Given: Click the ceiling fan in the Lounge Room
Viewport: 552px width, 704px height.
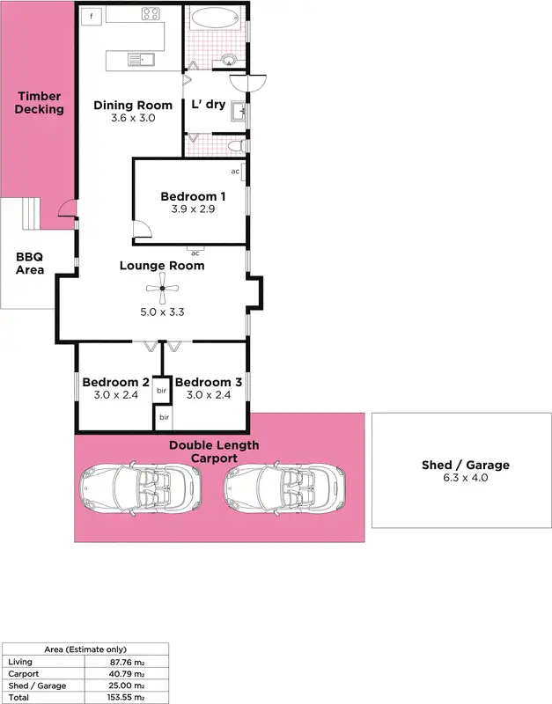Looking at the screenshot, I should click(162, 288).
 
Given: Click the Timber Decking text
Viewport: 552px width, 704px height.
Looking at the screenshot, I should click(40, 103).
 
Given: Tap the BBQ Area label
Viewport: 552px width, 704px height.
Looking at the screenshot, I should click(30, 264).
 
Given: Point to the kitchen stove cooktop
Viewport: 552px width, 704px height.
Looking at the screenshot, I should click(151, 15).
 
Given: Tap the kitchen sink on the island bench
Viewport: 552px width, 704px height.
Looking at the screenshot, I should click(139, 60).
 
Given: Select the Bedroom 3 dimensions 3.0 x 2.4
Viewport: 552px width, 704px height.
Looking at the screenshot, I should click(208, 395).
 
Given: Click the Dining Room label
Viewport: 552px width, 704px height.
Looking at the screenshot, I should click(133, 106).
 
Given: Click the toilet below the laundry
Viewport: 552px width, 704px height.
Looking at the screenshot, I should click(232, 145).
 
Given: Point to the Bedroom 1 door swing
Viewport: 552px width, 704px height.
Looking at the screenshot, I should click(142, 231).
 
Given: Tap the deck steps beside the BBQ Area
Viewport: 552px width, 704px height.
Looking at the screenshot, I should click(30, 212).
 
